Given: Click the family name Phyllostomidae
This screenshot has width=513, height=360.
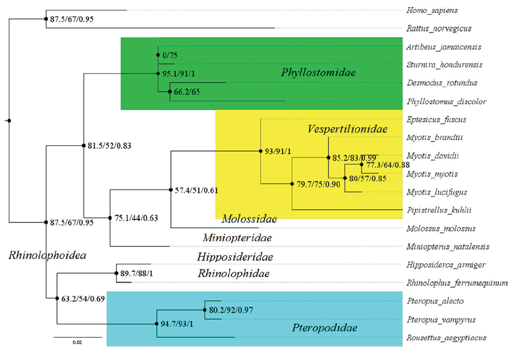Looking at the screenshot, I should tap(318, 73).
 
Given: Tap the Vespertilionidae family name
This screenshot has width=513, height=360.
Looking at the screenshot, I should tap(348, 130).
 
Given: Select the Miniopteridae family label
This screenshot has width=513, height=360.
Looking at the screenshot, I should tap(237, 238).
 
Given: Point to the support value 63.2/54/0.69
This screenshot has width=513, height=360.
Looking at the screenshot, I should tap(84, 299).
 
